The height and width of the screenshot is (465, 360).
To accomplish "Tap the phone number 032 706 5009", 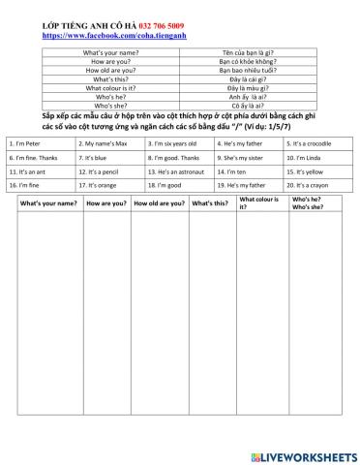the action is tap(159, 26).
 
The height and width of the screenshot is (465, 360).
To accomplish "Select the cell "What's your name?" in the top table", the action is tap(122, 51).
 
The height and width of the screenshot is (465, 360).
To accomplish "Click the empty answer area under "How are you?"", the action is tap(105, 320).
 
